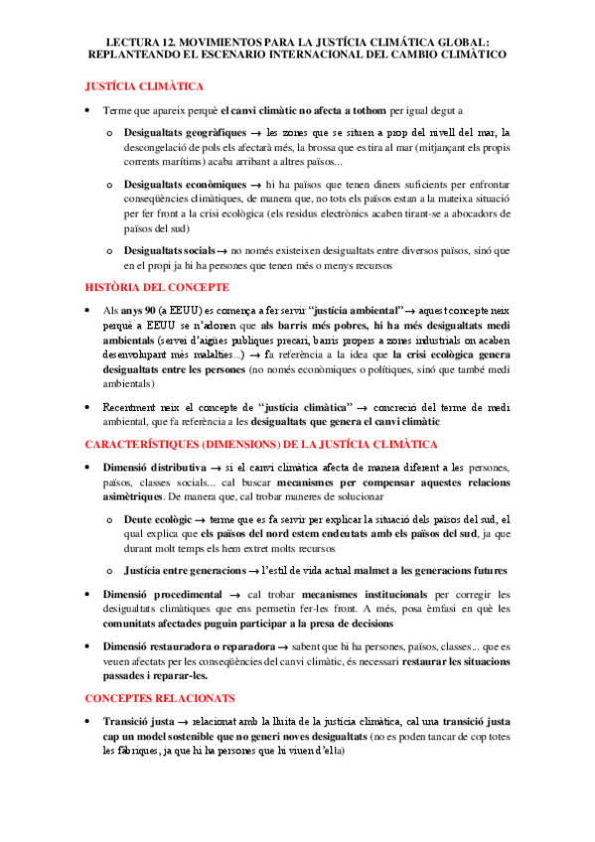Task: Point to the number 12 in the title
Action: (151, 41)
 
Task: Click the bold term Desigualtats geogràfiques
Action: (182, 132)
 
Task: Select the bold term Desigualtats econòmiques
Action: (184, 185)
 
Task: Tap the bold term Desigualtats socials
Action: (169, 251)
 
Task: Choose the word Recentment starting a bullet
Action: (132, 407)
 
